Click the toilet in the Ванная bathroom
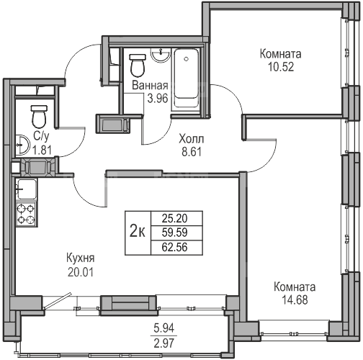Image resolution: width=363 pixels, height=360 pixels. point(138,65)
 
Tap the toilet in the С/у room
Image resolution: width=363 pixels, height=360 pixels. point(39,117)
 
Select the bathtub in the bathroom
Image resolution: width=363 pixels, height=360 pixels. point(187,78)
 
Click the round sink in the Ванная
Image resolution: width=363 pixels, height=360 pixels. point(161,55)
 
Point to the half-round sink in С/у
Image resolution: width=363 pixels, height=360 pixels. point(22,145)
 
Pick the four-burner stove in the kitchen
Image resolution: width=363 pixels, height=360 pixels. point(26,214)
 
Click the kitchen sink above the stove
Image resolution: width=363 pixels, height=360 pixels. point(26,189)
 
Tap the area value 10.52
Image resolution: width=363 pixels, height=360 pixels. point(281,67)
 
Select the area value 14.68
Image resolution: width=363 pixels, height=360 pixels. point(295,300)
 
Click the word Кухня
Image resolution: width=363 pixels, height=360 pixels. point(80,258)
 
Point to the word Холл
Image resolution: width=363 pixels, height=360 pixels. point(192,139)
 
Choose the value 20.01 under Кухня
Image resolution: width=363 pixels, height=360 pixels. point(80,272)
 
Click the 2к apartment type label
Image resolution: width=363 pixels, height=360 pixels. point(138,233)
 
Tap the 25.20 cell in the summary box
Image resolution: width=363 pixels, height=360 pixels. point(174,218)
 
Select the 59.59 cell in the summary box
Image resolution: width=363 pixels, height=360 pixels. point(174,233)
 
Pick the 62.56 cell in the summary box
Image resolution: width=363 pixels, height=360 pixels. point(174,247)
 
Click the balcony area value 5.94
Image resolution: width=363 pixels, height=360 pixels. point(164,328)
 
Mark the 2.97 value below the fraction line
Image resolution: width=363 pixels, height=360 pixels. point(164,343)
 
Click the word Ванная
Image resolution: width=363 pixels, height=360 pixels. point(150,86)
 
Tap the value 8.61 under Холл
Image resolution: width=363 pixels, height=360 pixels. point(192,152)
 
